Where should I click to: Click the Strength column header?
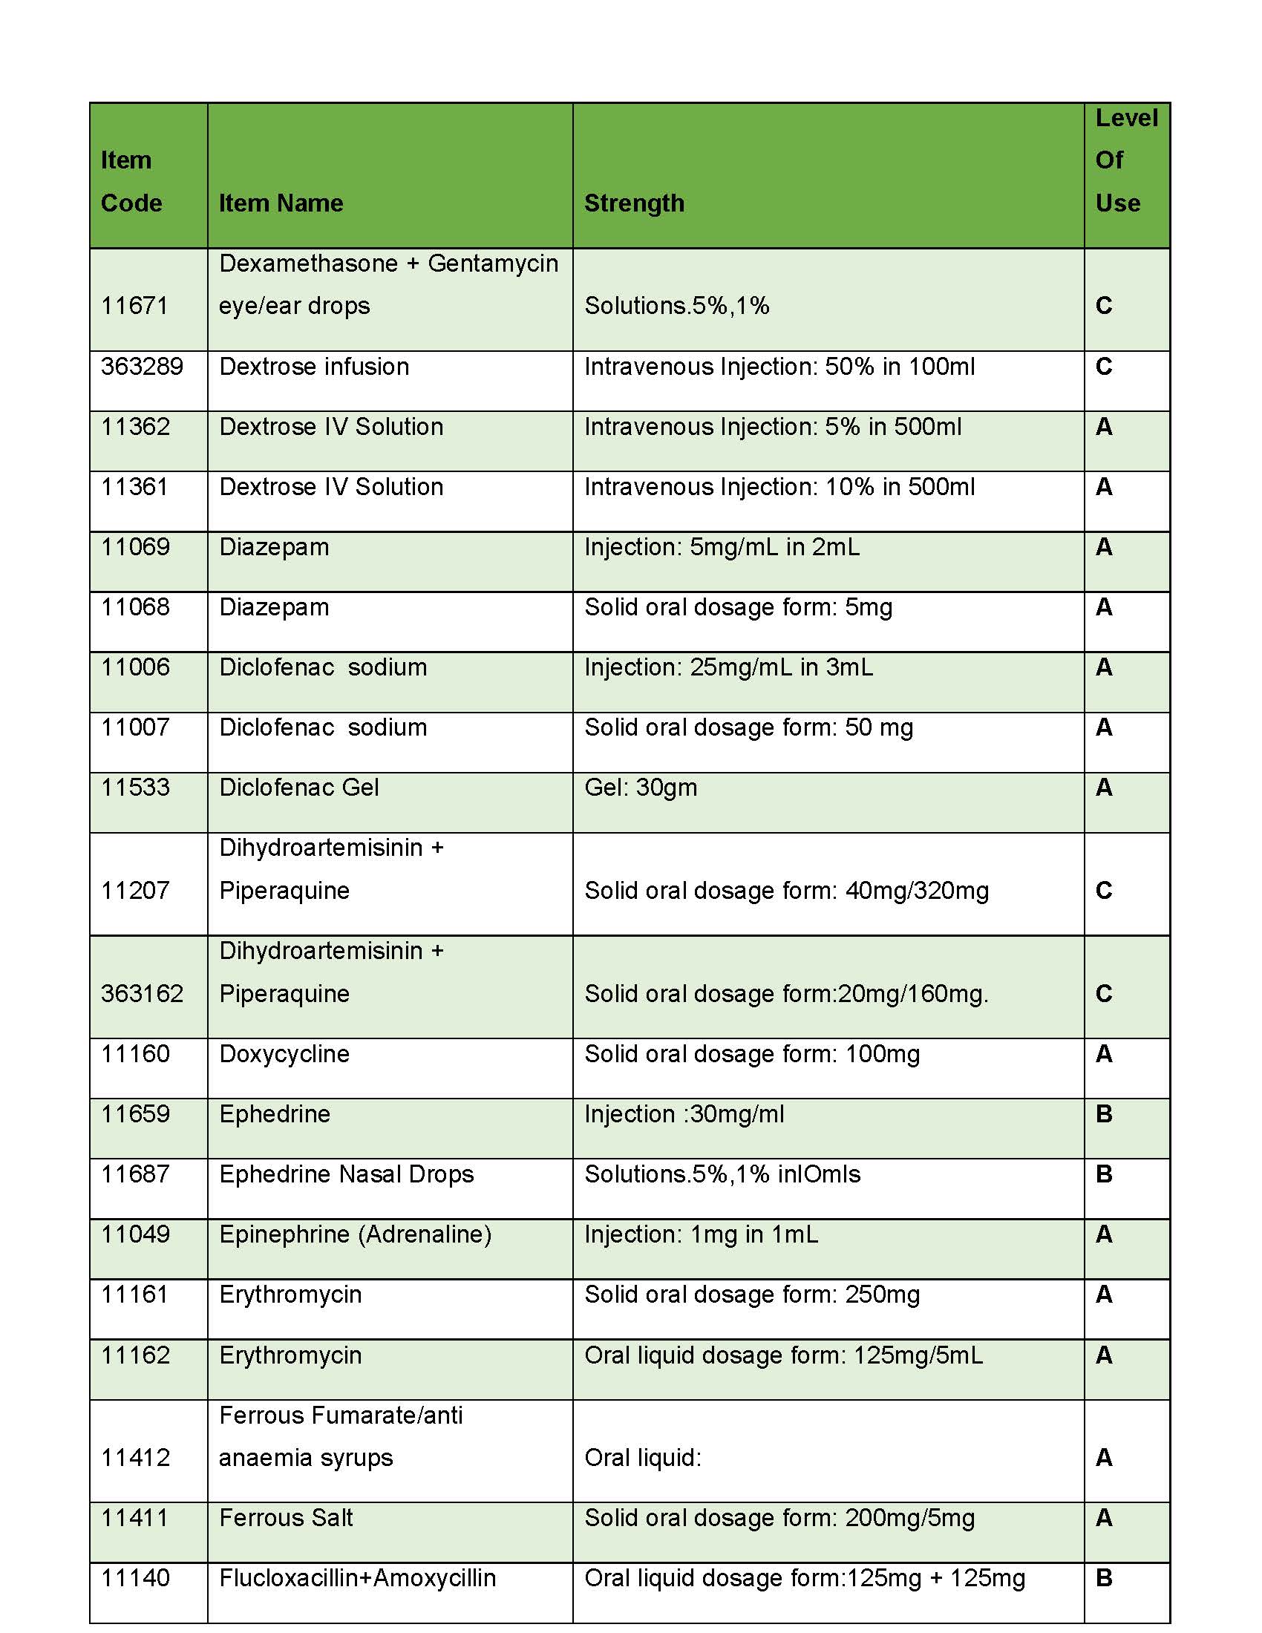click(x=634, y=203)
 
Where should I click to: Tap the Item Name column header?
click(x=281, y=203)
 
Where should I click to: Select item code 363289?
click(x=142, y=367)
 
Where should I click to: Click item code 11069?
click(x=135, y=546)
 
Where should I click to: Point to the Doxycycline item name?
click(x=284, y=1053)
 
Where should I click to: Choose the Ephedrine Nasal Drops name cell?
click(x=346, y=1174)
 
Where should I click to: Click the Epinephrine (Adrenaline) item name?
click(x=355, y=1234)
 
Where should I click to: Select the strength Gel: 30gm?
click(x=641, y=788)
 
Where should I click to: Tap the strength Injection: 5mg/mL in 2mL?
click(x=722, y=546)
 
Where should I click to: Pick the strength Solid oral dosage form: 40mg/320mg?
click(x=786, y=891)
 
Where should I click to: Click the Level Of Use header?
click(x=1126, y=160)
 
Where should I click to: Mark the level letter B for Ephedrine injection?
click(x=1103, y=1114)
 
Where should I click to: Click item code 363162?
click(x=142, y=993)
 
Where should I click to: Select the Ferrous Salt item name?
click(x=286, y=1518)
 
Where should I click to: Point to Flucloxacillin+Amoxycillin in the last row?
click(x=357, y=1577)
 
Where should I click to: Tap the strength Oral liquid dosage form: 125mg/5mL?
click(x=783, y=1355)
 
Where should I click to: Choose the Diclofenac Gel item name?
click(x=299, y=788)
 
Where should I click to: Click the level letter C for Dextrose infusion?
click(x=1103, y=367)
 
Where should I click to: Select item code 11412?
click(x=135, y=1457)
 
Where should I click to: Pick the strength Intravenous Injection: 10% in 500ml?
click(x=779, y=487)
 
